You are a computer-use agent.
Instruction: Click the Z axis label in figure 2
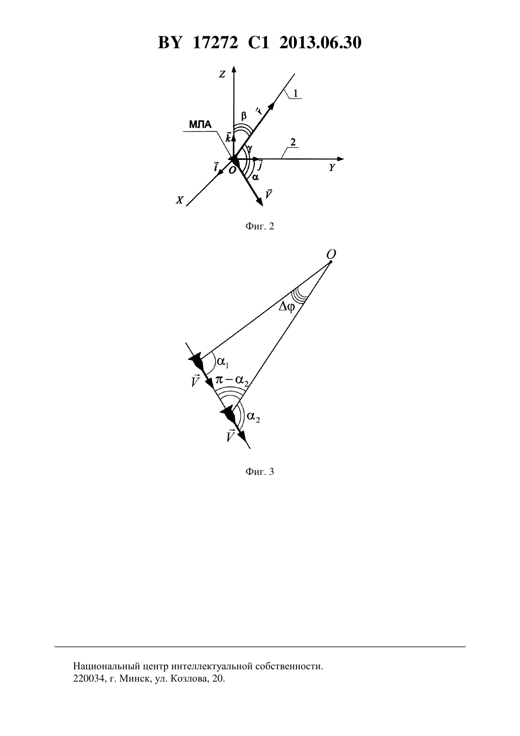pos(222,75)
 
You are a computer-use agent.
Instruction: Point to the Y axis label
pos(332,168)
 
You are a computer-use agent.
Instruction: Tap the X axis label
pos(179,200)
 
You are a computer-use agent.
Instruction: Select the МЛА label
pos(200,124)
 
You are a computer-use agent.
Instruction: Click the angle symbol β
pos(243,116)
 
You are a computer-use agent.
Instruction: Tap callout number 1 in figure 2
pos(295,93)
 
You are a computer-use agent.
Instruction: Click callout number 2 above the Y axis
pos(293,142)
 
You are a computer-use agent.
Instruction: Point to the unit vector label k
pos(228,137)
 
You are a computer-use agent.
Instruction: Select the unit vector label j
pos(260,165)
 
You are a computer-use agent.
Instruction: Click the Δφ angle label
pos(286,308)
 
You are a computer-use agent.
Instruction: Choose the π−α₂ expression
pos(232,381)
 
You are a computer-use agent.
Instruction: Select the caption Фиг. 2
pos(260,226)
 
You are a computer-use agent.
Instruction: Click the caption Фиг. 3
pos(260,472)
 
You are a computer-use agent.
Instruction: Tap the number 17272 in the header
pos(215,43)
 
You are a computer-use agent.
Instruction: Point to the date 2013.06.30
pos(321,43)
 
